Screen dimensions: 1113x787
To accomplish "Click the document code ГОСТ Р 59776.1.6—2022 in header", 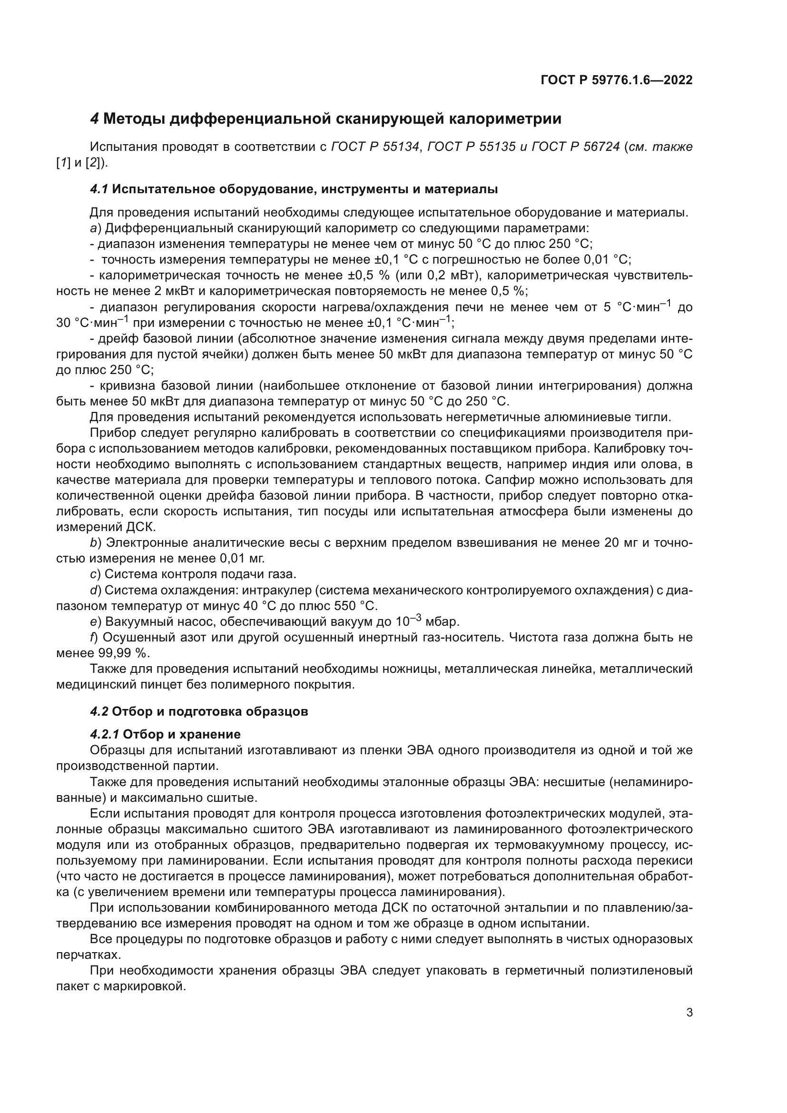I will (616, 80).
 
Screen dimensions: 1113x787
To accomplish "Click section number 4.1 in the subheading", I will (99, 189).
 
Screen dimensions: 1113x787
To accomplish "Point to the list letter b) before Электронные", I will (96, 542).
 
